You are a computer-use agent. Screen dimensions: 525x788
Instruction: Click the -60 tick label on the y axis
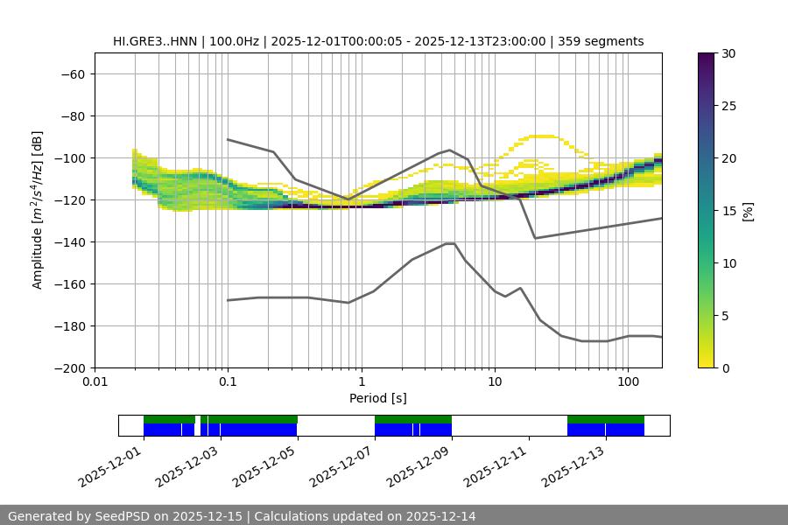pos(72,73)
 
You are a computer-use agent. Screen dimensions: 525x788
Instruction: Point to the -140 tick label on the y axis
pos(68,241)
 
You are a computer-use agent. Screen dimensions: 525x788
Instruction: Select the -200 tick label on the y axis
pos(68,367)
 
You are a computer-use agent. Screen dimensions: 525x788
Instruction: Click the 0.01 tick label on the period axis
pos(95,382)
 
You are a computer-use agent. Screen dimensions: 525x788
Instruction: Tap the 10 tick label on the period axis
pos(495,382)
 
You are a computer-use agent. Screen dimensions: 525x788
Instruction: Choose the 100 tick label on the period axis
pos(628,382)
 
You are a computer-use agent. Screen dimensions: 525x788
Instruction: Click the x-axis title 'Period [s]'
pos(378,398)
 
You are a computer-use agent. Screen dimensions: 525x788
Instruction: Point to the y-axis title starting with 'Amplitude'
pos(38,211)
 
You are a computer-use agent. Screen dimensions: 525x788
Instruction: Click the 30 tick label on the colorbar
pos(728,53)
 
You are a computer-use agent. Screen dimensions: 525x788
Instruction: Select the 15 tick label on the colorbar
pos(728,211)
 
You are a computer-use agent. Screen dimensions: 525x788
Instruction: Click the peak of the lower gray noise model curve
pos(450,243)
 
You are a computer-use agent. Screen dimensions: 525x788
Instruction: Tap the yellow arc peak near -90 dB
pos(543,136)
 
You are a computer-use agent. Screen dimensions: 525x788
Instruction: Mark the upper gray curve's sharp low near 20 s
pos(535,238)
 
